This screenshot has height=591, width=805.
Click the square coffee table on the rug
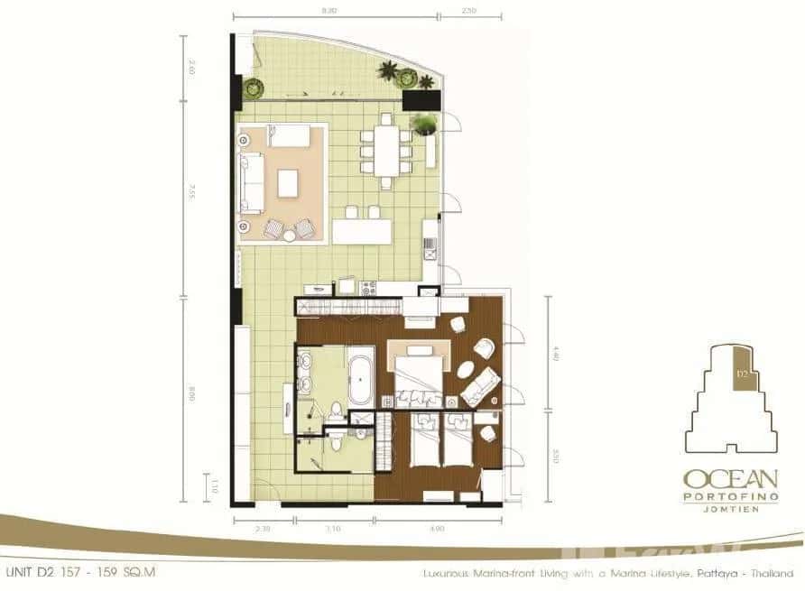[288, 183]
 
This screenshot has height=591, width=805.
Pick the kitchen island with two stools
[361, 232]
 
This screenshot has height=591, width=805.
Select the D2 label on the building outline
[740, 371]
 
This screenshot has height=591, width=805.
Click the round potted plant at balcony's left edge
[253, 88]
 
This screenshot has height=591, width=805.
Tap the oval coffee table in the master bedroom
[467, 370]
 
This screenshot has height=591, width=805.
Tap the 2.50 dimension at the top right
[467, 12]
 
